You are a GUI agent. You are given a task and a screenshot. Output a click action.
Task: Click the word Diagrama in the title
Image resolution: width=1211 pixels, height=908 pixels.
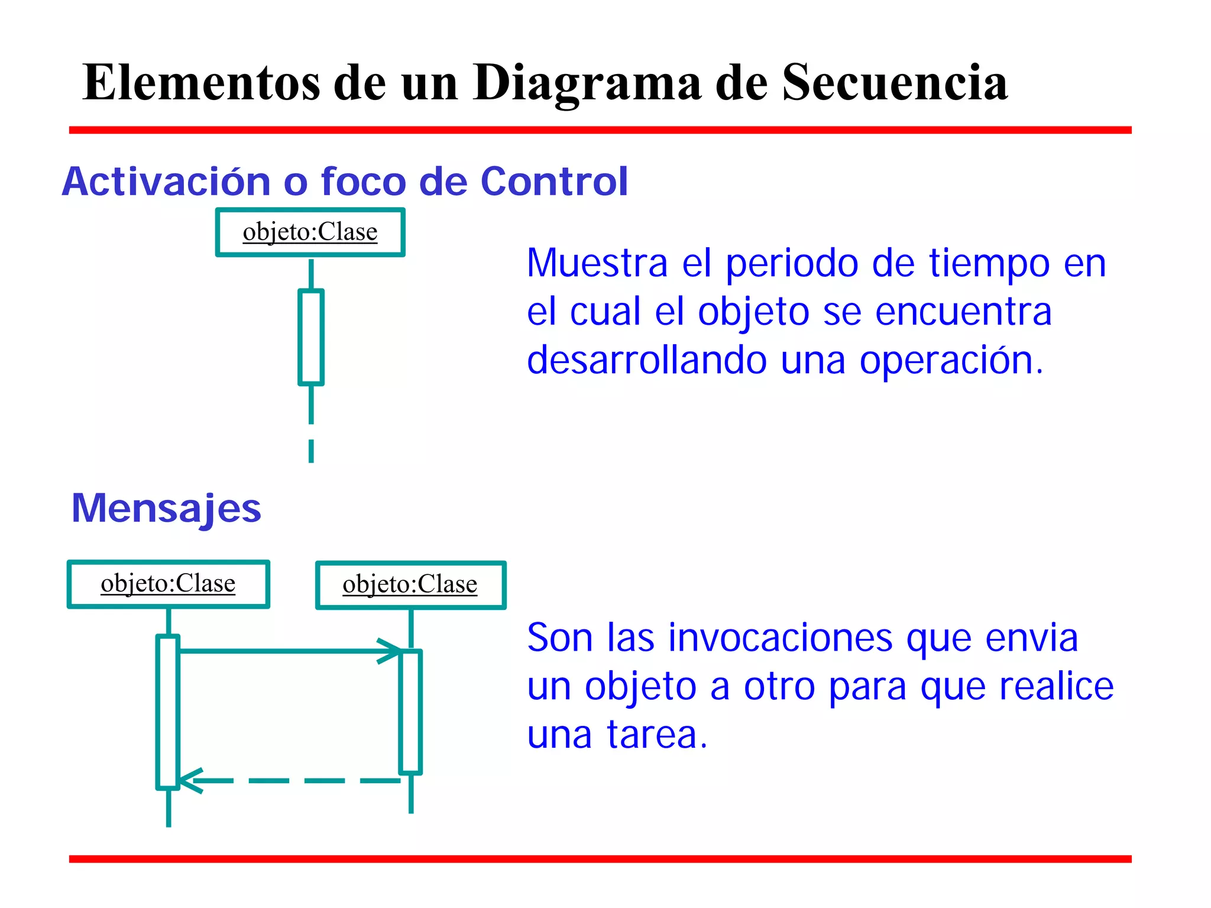click(x=587, y=83)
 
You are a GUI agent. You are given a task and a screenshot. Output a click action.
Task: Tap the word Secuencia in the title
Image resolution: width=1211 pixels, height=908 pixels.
click(x=895, y=83)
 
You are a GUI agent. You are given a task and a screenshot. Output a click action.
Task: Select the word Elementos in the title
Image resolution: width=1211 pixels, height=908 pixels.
click(x=201, y=83)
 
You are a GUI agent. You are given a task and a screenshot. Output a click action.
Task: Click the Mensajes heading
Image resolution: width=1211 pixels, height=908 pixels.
click(x=166, y=508)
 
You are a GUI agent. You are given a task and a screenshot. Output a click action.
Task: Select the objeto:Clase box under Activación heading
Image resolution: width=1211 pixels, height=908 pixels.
click(x=310, y=232)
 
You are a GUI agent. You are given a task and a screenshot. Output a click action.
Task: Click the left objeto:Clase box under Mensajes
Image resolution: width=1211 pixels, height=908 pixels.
click(x=169, y=584)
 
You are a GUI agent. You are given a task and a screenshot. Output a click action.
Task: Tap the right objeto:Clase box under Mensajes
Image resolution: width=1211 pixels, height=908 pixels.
click(x=410, y=585)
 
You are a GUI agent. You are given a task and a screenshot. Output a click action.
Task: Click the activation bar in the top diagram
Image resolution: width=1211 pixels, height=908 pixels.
click(x=311, y=337)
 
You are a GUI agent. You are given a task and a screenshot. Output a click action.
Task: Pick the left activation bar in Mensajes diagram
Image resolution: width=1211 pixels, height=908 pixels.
click(x=168, y=712)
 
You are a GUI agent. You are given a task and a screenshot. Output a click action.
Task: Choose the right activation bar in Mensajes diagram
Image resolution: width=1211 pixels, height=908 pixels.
click(x=411, y=712)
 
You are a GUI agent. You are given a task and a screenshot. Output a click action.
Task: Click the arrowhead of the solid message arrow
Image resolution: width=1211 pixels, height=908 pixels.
click(x=391, y=651)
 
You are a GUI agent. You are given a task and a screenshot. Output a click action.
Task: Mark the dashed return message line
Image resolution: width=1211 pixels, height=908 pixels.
click(x=296, y=781)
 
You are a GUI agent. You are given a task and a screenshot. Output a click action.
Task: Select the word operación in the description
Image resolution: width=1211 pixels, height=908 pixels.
click(x=951, y=360)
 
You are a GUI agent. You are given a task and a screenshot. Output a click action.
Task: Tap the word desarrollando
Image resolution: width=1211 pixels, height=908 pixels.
click(x=647, y=360)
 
